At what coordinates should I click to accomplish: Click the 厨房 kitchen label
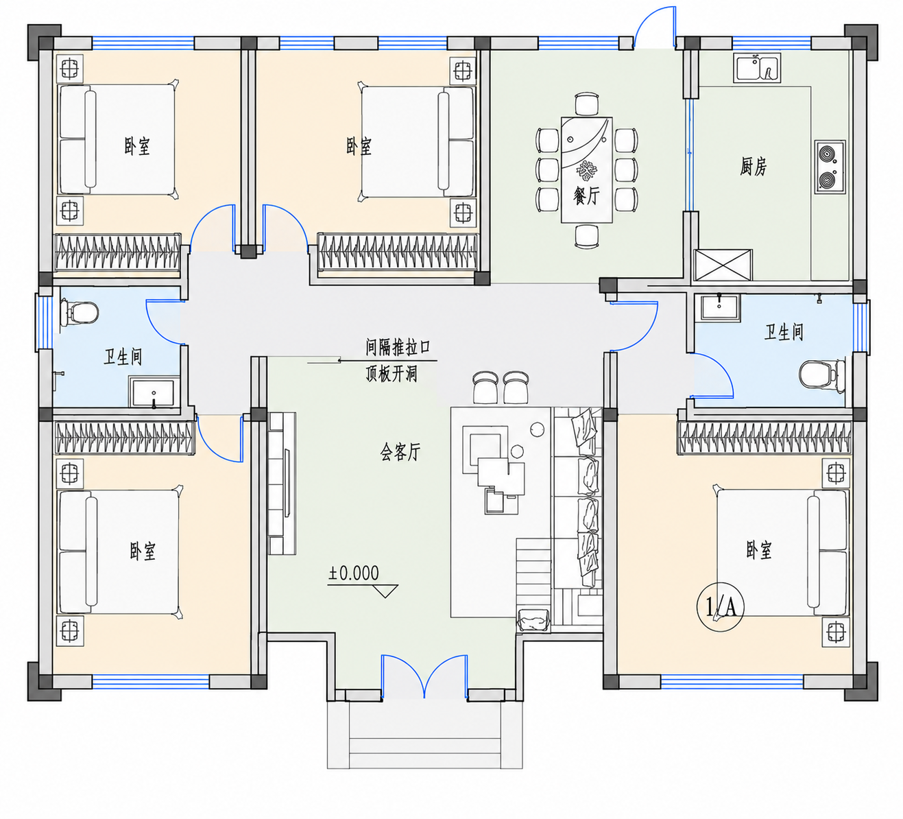(753, 166)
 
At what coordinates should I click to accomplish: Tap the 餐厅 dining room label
(586, 195)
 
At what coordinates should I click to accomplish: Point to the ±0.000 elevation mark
(354, 573)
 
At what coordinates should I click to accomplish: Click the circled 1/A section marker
(720, 608)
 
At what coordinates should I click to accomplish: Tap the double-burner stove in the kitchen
(830, 167)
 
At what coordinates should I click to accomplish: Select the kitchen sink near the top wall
(757, 68)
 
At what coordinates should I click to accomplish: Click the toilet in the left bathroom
(80, 312)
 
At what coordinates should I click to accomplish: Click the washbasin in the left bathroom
(154, 393)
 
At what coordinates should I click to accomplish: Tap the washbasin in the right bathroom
(718, 307)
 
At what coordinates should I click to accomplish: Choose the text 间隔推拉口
(398, 347)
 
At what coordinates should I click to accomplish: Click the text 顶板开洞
(392, 373)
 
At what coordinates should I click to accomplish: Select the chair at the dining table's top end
(587, 104)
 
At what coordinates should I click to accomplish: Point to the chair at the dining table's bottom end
(587, 236)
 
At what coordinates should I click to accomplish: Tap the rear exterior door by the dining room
(655, 27)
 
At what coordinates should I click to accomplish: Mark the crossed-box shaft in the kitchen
(723, 265)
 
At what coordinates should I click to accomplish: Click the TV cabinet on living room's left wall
(282, 484)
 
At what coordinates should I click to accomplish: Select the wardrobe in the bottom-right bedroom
(764, 438)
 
